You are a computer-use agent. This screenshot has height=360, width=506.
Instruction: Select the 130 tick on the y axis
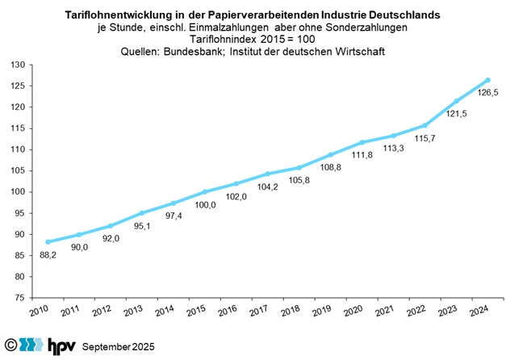(x=24, y=65)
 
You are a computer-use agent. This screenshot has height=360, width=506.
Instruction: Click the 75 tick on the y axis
(x=27, y=298)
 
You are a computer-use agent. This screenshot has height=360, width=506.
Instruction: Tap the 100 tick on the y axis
(x=24, y=192)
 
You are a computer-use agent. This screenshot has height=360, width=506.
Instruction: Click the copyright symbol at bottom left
(x=10, y=345)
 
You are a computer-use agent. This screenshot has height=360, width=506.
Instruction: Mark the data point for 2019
(x=331, y=154)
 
